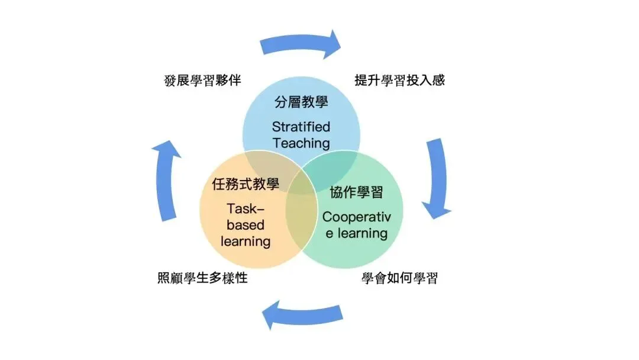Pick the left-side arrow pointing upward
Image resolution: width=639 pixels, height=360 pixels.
pos(167,181)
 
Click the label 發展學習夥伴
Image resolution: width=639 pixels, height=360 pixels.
pos(202,81)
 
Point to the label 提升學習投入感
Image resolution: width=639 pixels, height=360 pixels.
pos(399,81)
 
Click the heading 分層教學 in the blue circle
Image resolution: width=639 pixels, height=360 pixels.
pos(301,102)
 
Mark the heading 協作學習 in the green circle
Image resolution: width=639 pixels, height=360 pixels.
pos(356,192)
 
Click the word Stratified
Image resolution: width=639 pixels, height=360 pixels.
pos(301,127)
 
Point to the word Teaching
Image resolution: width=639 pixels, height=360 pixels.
pos(301,143)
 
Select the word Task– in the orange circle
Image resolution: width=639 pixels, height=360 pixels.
pos(246,208)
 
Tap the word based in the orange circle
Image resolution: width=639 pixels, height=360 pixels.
pos(246,225)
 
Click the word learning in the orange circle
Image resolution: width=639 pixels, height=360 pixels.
pos(246,242)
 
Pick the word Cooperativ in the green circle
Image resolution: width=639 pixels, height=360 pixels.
pos(356,217)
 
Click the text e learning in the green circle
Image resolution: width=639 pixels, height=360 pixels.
pos(356,233)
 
